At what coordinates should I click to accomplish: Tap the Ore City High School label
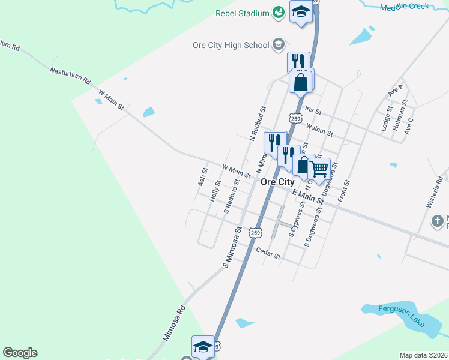click(x=231, y=45)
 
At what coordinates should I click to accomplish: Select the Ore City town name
click(x=277, y=182)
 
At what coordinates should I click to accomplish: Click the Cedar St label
click(x=268, y=253)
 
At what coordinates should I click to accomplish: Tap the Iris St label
click(x=313, y=111)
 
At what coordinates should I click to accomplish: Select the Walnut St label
click(x=319, y=128)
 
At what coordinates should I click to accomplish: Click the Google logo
click(x=20, y=353)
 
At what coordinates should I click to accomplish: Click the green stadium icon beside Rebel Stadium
click(x=278, y=12)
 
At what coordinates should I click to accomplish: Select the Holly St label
click(x=215, y=191)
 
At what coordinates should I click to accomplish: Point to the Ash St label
click(x=202, y=176)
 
